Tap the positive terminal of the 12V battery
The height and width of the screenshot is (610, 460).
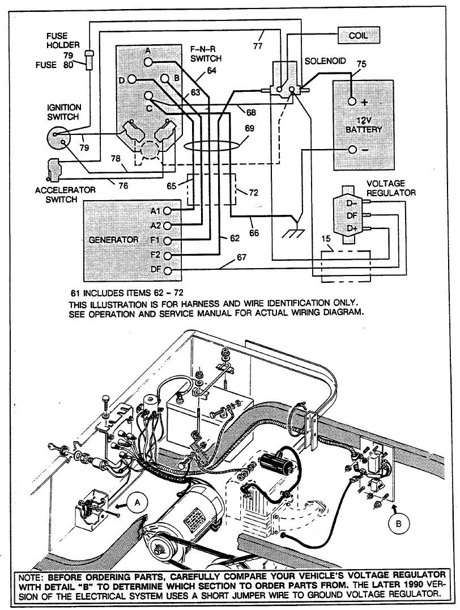pyautogui.click(x=352, y=101)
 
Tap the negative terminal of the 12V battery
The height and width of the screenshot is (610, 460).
pyautogui.click(x=352, y=150)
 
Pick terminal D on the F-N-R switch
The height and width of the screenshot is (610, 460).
pyautogui.click(x=131, y=80)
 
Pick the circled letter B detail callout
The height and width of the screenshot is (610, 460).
pyautogui.click(x=400, y=524)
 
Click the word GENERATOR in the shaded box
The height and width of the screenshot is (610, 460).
pyautogui.click(x=114, y=240)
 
